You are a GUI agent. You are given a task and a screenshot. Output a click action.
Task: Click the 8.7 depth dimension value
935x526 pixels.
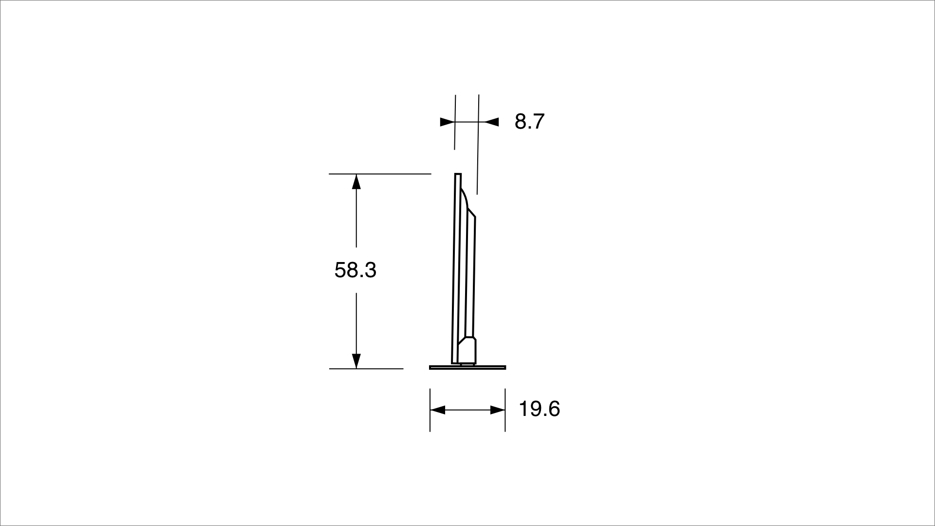(x=529, y=121)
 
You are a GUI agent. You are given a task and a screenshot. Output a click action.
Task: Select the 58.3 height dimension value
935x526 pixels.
(x=355, y=270)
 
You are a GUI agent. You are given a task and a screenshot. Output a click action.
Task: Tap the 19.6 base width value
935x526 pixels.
(x=540, y=409)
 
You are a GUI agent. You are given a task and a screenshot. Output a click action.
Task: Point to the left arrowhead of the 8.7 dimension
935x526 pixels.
(x=447, y=122)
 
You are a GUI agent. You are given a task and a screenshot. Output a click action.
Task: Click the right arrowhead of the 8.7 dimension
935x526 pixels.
(x=491, y=122)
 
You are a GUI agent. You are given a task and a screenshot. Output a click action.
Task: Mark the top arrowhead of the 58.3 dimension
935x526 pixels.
(x=356, y=181)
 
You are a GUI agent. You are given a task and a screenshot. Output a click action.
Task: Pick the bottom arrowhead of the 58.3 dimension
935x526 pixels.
(x=356, y=361)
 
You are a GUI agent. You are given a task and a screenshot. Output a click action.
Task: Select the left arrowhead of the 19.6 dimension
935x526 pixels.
(x=438, y=410)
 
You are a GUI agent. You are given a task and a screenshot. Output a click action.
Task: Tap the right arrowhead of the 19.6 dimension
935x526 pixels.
(x=498, y=410)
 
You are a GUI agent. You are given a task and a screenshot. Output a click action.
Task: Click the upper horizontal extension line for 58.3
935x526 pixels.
(x=380, y=173)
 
